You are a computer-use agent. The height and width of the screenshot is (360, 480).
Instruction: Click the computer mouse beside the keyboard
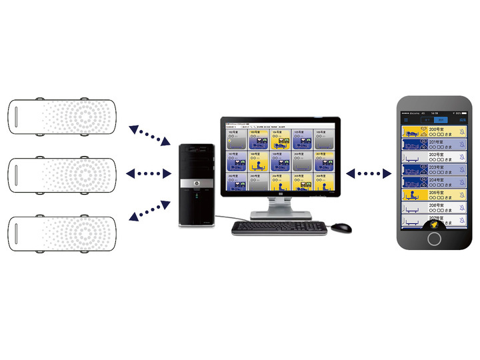pos(340,227)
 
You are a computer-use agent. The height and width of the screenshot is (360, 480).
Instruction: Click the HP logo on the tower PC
pos(197,183)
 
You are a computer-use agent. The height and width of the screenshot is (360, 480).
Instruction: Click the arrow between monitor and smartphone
pos(369,174)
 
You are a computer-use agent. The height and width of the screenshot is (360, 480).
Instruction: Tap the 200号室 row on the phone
pos(434,132)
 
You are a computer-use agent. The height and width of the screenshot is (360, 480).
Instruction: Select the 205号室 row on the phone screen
pos(434,195)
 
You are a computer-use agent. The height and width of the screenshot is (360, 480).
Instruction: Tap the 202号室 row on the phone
pos(434,157)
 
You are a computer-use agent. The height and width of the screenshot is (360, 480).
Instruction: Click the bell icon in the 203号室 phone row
pos(462,169)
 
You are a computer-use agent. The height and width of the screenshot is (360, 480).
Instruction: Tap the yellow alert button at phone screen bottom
pos(434,224)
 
